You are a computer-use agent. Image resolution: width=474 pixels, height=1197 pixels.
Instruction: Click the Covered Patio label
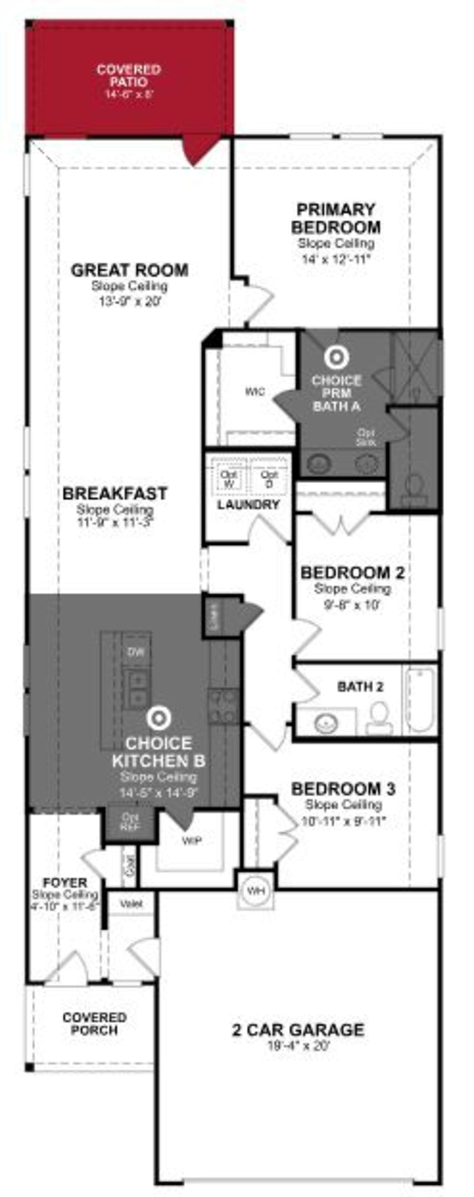tap(129, 76)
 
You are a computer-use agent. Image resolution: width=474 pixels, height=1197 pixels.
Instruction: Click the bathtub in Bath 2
tap(420, 700)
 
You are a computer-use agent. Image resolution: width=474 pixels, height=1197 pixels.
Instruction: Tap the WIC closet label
tap(255, 392)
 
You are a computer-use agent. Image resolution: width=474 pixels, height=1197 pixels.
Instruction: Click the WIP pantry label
tap(191, 841)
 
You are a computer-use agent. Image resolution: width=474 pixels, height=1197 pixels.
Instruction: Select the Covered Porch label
tap(94, 1024)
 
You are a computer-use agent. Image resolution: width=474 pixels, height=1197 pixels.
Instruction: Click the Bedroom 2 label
tap(352, 573)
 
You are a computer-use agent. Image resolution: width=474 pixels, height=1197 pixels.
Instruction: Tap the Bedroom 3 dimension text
tap(344, 821)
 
